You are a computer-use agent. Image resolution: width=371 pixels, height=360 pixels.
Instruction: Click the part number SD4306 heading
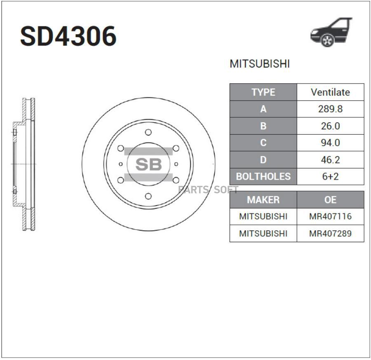pyautogui.click(x=68, y=36)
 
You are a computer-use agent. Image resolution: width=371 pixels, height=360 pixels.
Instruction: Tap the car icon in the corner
pyautogui.click(x=331, y=32)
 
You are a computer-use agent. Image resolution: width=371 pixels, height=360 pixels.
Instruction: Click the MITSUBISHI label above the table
pyautogui.click(x=260, y=64)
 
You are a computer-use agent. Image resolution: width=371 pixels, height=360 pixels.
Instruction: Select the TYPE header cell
pyautogui.click(x=263, y=92)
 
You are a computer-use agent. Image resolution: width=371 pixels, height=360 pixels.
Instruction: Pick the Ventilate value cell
pyautogui.click(x=330, y=92)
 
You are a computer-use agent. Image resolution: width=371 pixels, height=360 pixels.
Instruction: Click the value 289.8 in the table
pyautogui.click(x=330, y=109)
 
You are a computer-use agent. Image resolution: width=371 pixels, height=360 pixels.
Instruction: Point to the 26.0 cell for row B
pyautogui.click(x=330, y=126)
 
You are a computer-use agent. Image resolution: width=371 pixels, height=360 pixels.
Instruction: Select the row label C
pyautogui.click(x=263, y=143)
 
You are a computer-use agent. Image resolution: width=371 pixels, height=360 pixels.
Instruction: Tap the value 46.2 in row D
pyautogui.click(x=330, y=160)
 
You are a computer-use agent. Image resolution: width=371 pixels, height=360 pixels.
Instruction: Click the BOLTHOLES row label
pyautogui.click(x=263, y=177)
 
